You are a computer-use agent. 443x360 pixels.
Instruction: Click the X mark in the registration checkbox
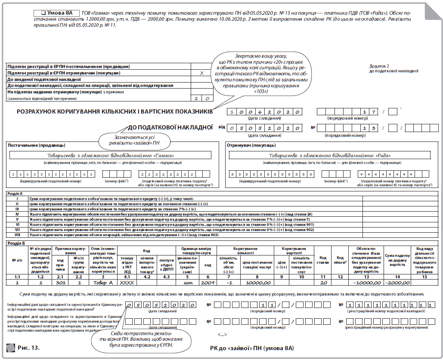pyautogui.click(x=201, y=73)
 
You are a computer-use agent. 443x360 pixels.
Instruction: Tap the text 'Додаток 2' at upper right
pyautogui.click(x=379, y=66)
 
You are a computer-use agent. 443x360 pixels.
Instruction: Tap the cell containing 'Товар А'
pyautogui.click(x=103, y=283)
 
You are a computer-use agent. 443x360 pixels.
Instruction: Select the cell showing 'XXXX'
pyautogui.click(x=126, y=283)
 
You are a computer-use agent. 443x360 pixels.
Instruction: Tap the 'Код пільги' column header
pyautogui.click(x=340, y=260)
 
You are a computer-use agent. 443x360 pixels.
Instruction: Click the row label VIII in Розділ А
pyautogui.click(x=17, y=235)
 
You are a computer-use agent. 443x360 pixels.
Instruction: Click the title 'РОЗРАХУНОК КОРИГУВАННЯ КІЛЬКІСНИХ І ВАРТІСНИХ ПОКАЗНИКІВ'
pyautogui.click(x=115, y=112)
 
